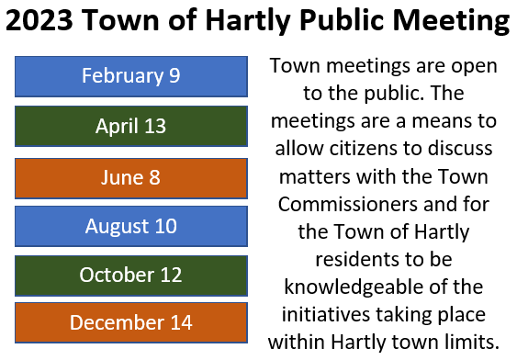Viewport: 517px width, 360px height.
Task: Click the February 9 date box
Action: tap(130, 76)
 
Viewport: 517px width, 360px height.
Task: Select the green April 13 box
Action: tap(130, 126)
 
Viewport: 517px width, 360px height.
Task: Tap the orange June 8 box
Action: tap(130, 176)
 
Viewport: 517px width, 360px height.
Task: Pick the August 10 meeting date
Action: tap(130, 226)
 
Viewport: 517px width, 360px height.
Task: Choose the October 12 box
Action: tap(130, 275)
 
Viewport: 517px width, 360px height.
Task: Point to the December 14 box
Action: tap(130, 322)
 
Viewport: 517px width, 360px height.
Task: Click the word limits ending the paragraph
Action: tap(470, 342)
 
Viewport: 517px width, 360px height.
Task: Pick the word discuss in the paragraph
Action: tap(456, 148)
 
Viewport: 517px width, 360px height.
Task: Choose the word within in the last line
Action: tap(296, 342)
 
